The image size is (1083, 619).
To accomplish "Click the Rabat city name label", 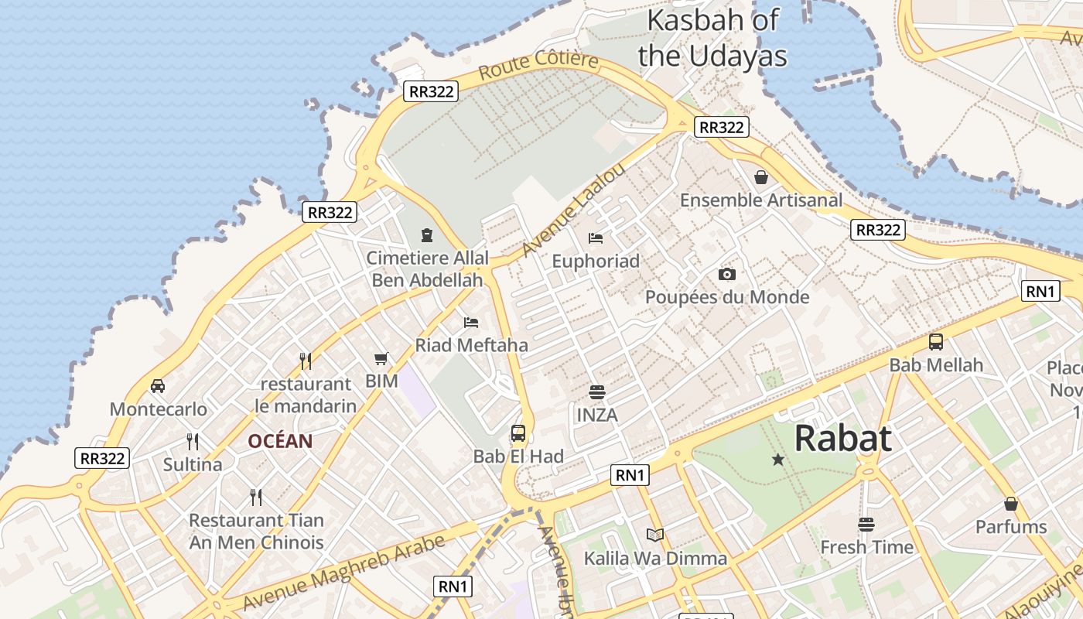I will point(842,439).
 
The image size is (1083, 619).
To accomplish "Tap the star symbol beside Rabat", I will point(777,460).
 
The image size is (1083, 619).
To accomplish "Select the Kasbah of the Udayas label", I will point(712,38).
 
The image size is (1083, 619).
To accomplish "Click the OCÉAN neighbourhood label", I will point(280,442).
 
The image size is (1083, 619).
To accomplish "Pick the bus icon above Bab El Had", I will point(518,433).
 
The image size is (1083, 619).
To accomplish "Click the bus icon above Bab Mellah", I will point(936,341).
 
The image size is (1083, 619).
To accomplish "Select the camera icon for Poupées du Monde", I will point(726,274).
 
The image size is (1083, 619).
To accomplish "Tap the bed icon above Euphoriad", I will point(595,238).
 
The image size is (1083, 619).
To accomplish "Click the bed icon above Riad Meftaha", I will point(471,322).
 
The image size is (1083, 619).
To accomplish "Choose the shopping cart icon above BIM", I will point(381,358).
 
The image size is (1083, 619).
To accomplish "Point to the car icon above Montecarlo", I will point(158,385).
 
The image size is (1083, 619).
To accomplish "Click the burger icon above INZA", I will point(596,392).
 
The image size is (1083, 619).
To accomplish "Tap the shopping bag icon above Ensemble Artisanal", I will point(761,177).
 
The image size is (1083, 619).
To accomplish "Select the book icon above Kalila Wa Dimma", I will point(654,535).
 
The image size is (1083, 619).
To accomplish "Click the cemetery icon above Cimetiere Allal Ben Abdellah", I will point(426,234).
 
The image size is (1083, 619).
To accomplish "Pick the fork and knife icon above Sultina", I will point(193,442).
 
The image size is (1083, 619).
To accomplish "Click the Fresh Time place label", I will point(866,547).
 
